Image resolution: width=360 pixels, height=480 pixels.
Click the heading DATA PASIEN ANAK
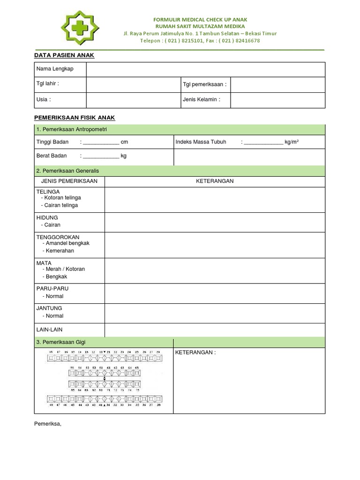click(x=64, y=55)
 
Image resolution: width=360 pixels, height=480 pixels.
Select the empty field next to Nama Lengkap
click(x=205, y=69)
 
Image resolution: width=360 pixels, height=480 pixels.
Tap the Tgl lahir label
click(x=48, y=84)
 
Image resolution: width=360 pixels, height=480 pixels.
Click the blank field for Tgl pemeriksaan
click(x=277, y=85)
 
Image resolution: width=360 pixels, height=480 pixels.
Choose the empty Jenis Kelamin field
click(x=277, y=100)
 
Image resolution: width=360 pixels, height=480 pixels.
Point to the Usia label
click(x=44, y=99)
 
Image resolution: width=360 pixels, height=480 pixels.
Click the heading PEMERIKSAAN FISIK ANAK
click(x=75, y=118)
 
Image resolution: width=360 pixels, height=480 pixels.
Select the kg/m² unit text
click(x=292, y=142)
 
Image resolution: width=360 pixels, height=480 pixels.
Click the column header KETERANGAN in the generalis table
click(x=215, y=181)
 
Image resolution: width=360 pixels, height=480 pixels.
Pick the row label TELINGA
click(x=48, y=192)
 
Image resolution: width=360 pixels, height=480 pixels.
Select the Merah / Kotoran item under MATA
click(x=65, y=269)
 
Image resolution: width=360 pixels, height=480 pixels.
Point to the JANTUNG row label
click(x=49, y=308)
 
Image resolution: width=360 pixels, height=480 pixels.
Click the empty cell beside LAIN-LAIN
click(x=215, y=330)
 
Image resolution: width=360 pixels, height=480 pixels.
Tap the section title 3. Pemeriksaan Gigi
click(x=61, y=342)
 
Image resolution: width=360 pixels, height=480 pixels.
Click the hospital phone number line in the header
click(x=200, y=41)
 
